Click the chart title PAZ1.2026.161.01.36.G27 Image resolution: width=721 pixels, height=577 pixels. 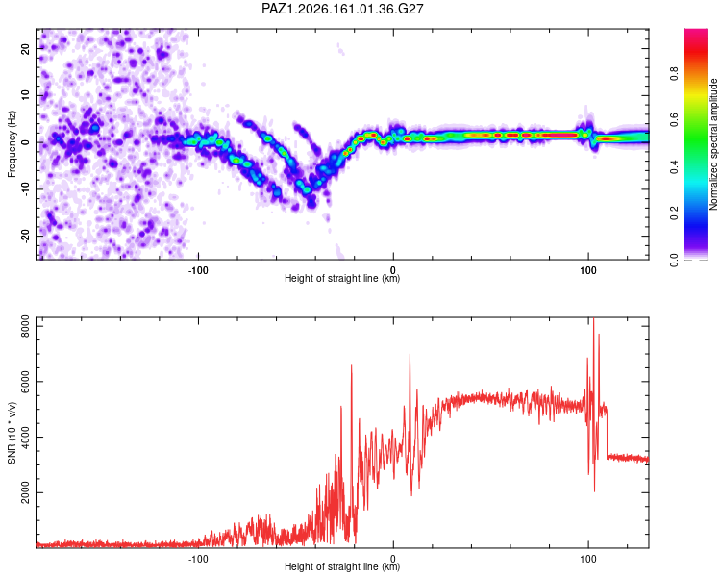(342, 9)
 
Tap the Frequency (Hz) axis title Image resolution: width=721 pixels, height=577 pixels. (12, 144)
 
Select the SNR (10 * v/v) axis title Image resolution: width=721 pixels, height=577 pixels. (12, 433)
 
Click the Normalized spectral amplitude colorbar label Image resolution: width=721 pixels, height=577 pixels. (713, 144)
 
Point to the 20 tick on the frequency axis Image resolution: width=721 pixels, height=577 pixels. (25, 48)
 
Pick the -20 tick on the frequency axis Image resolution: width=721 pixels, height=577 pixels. (25, 236)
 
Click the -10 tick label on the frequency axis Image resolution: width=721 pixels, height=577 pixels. (25, 189)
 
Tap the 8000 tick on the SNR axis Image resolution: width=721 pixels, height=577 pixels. (25, 326)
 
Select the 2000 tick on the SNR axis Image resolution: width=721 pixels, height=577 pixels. (25, 492)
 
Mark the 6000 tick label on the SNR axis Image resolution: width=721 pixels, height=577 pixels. (25, 382)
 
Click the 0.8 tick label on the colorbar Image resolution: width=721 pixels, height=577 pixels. (675, 73)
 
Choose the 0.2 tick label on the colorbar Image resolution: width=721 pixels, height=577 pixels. (675, 213)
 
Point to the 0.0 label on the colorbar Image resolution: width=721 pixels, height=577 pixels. (675, 260)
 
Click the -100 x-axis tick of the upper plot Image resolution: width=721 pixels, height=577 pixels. (198, 270)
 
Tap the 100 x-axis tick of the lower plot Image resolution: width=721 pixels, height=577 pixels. (588, 559)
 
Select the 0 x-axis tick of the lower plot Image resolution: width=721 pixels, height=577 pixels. (393, 559)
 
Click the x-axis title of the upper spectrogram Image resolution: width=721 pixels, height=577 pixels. (342, 278)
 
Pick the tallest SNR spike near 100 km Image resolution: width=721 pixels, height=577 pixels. (594, 318)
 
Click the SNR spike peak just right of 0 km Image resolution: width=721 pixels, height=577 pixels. (410, 354)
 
